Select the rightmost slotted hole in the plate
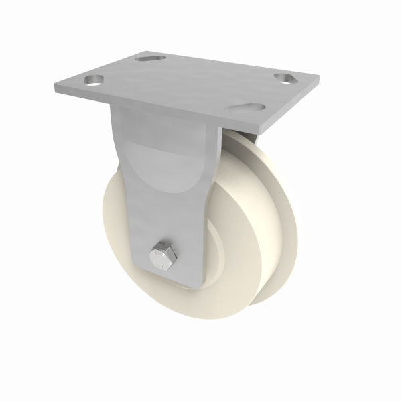tap(285, 78)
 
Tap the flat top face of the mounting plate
tap(188, 84)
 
